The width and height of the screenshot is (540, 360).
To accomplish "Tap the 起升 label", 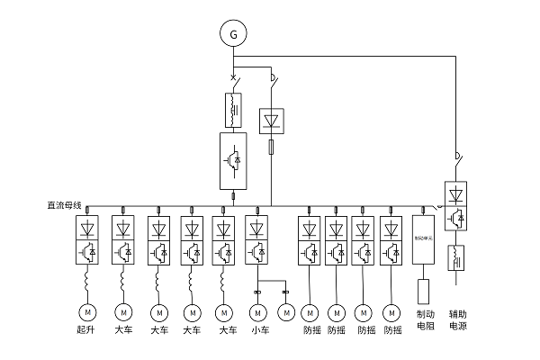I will (87, 331).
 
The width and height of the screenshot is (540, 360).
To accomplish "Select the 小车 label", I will (259, 331).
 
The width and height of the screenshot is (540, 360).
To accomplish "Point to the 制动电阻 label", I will (426, 320).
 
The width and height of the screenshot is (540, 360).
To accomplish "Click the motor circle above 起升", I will (87, 312).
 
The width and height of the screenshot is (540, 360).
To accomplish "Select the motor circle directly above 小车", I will (258, 312).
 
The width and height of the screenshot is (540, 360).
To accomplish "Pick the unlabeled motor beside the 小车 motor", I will (286, 312).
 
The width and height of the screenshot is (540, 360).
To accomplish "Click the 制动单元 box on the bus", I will (424, 239).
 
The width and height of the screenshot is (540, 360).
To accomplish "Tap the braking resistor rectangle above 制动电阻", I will (425, 290).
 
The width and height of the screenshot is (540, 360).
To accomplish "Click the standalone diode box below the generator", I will (271, 121).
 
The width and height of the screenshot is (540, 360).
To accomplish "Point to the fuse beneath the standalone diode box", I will (271, 148).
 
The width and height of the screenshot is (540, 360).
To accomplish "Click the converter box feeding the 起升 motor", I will (87, 239).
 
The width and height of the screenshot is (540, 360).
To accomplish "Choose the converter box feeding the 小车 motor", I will (258, 239).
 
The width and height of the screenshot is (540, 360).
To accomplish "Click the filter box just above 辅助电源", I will (456, 257).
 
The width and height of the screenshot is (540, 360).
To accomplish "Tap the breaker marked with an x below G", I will (235, 79).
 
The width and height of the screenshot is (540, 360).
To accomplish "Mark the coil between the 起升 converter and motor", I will (87, 283).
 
